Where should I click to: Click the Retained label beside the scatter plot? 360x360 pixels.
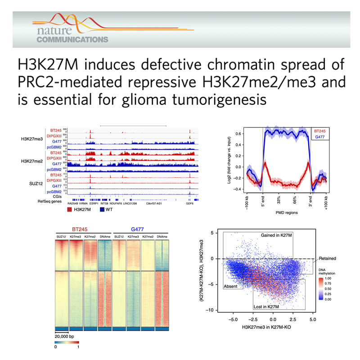(328, 259)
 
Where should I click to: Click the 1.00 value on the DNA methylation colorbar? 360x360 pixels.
(331, 279)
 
